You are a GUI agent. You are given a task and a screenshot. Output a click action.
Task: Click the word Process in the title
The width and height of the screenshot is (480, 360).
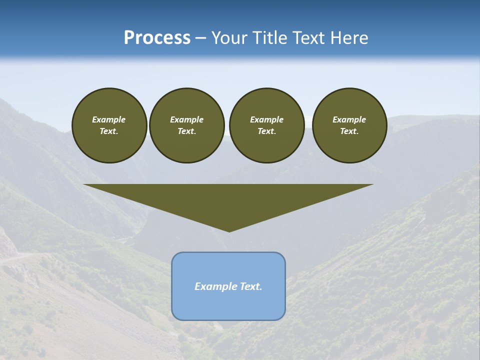(157, 38)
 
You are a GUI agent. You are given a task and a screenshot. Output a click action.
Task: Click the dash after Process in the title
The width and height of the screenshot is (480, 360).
(201, 38)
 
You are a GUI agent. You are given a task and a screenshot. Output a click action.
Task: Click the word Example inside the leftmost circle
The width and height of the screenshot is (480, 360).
(109, 119)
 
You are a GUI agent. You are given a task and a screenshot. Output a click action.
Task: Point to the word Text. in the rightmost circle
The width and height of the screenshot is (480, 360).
(349, 131)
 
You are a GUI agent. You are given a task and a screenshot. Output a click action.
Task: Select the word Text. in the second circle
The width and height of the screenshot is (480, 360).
(187, 131)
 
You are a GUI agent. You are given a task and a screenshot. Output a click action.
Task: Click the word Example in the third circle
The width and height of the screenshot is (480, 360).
(266, 119)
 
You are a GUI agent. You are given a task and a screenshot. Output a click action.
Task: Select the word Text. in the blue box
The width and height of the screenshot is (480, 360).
(251, 286)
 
